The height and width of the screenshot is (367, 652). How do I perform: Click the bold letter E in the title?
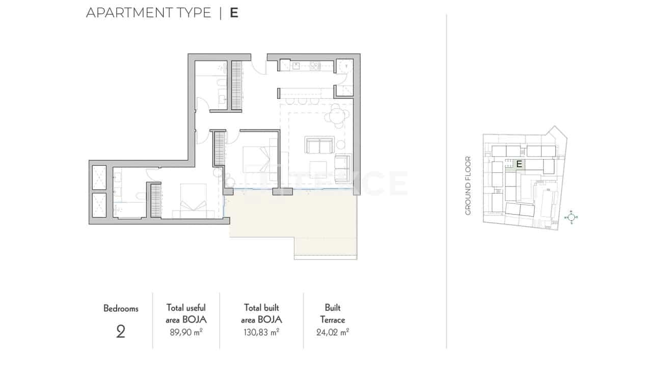click(x=234, y=13)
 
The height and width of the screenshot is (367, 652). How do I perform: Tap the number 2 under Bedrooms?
click(x=121, y=332)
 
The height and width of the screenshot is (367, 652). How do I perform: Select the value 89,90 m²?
click(x=186, y=332)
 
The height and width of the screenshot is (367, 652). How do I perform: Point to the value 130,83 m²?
click(x=262, y=332)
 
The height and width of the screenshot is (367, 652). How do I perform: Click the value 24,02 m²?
click(x=333, y=332)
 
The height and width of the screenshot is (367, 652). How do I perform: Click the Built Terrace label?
click(x=333, y=313)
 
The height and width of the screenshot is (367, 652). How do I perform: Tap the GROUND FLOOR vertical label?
click(x=468, y=186)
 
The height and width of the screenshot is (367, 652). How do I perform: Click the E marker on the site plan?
click(x=519, y=164)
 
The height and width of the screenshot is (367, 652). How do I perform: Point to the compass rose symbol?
click(x=572, y=218)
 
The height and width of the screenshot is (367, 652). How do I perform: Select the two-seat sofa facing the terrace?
click(x=319, y=145)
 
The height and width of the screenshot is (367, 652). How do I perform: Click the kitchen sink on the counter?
click(x=296, y=65)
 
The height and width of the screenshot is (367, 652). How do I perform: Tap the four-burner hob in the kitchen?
click(x=315, y=65)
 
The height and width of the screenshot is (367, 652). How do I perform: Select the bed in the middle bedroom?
click(x=257, y=158)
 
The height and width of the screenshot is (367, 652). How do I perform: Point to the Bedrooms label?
click(x=121, y=308)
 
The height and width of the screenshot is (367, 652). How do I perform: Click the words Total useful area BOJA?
click(x=186, y=313)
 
